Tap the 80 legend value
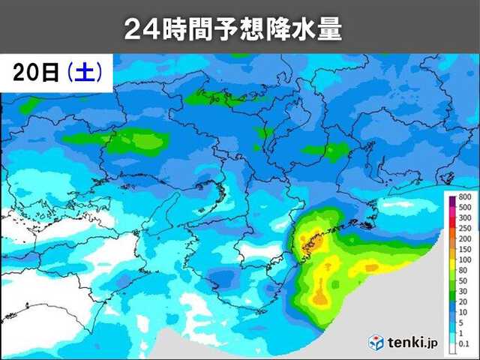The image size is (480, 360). pyautogui.click(x=465, y=269)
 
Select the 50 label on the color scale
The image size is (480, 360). pyautogui.click(x=465, y=280)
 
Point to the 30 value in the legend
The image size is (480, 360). pyautogui.click(x=465, y=290)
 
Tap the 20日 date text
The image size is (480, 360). pyautogui.click(x=34, y=73)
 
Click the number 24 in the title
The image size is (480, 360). pyautogui.click(x=138, y=30)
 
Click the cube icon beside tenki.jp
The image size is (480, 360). pyautogui.click(x=376, y=342)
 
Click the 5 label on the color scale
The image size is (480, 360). pyautogui.click(x=465, y=322)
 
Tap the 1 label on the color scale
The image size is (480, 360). pyautogui.click(x=465, y=332)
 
